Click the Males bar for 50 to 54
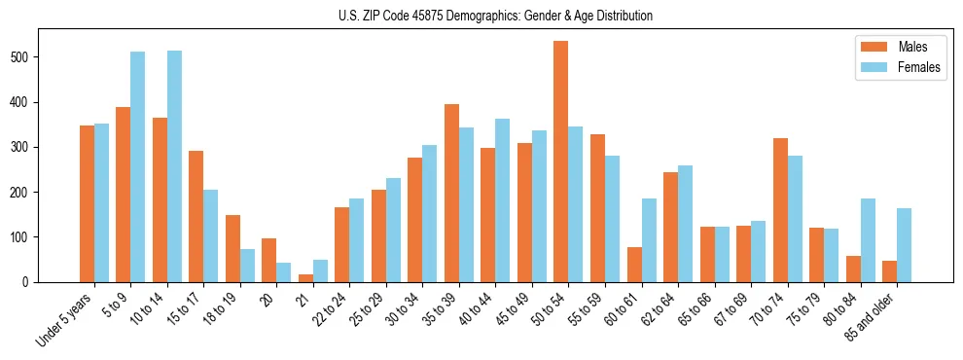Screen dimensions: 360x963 (x=561, y=162)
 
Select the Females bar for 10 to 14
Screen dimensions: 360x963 (x=174, y=166)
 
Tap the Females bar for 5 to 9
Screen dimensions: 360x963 (x=138, y=166)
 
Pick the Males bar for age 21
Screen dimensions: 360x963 (x=305, y=278)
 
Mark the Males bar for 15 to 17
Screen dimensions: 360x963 (x=196, y=216)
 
